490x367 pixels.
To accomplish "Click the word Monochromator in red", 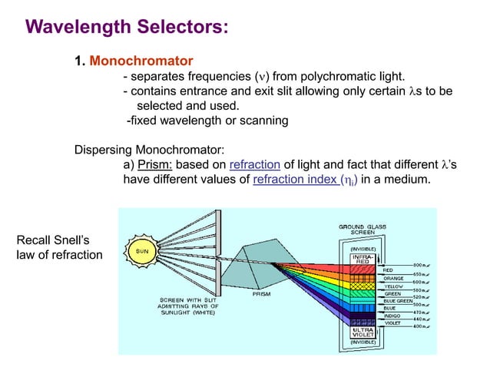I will pos(141,60).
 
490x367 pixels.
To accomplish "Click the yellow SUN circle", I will pos(142,250).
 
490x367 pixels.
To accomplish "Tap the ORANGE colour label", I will pos(395,278).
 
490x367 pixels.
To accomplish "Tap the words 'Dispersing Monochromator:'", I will pos(141,149).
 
